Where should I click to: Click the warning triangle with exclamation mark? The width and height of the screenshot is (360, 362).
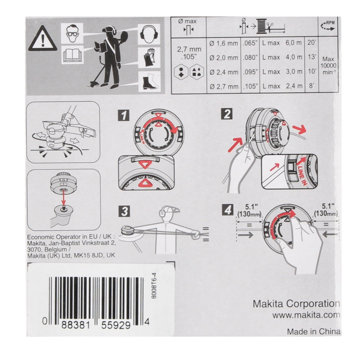click(43, 39)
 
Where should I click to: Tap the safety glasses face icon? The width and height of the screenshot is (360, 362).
click(72, 33)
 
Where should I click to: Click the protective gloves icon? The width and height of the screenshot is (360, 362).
click(149, 57)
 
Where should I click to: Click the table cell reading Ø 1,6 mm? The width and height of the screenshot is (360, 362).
click(223, 43)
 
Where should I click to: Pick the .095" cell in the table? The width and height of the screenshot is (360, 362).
click(250, 72)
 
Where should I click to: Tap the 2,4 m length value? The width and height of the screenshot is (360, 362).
click(294, 86)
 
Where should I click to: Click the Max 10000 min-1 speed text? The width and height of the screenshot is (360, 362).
click(328, 66)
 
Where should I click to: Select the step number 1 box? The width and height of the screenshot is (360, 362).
click(124, 115)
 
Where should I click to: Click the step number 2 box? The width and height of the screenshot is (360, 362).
click(227, 114)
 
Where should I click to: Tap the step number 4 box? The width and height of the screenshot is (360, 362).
click(227, 210)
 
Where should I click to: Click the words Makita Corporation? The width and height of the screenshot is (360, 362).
click(296, 303)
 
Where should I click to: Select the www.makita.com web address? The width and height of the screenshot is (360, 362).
click(306, 315)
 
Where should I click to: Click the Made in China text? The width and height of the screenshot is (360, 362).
click(314, 332)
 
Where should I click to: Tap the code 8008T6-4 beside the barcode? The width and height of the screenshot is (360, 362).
click(154, 286)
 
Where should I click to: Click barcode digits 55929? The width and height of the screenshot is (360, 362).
click(116, 325)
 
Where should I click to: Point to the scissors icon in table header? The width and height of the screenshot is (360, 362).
click(270, 26)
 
